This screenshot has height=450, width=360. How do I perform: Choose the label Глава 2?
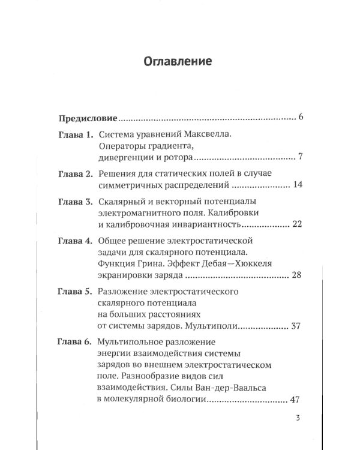point(75,175)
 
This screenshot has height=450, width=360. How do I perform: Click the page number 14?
point(299,185)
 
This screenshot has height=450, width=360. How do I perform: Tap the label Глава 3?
point(75,203)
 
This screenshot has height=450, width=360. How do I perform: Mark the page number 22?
point(299,225)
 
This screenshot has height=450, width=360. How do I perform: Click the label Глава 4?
point(75,242)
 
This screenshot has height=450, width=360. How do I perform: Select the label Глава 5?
point(75,292)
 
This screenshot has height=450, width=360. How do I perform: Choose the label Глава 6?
point(75,343)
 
